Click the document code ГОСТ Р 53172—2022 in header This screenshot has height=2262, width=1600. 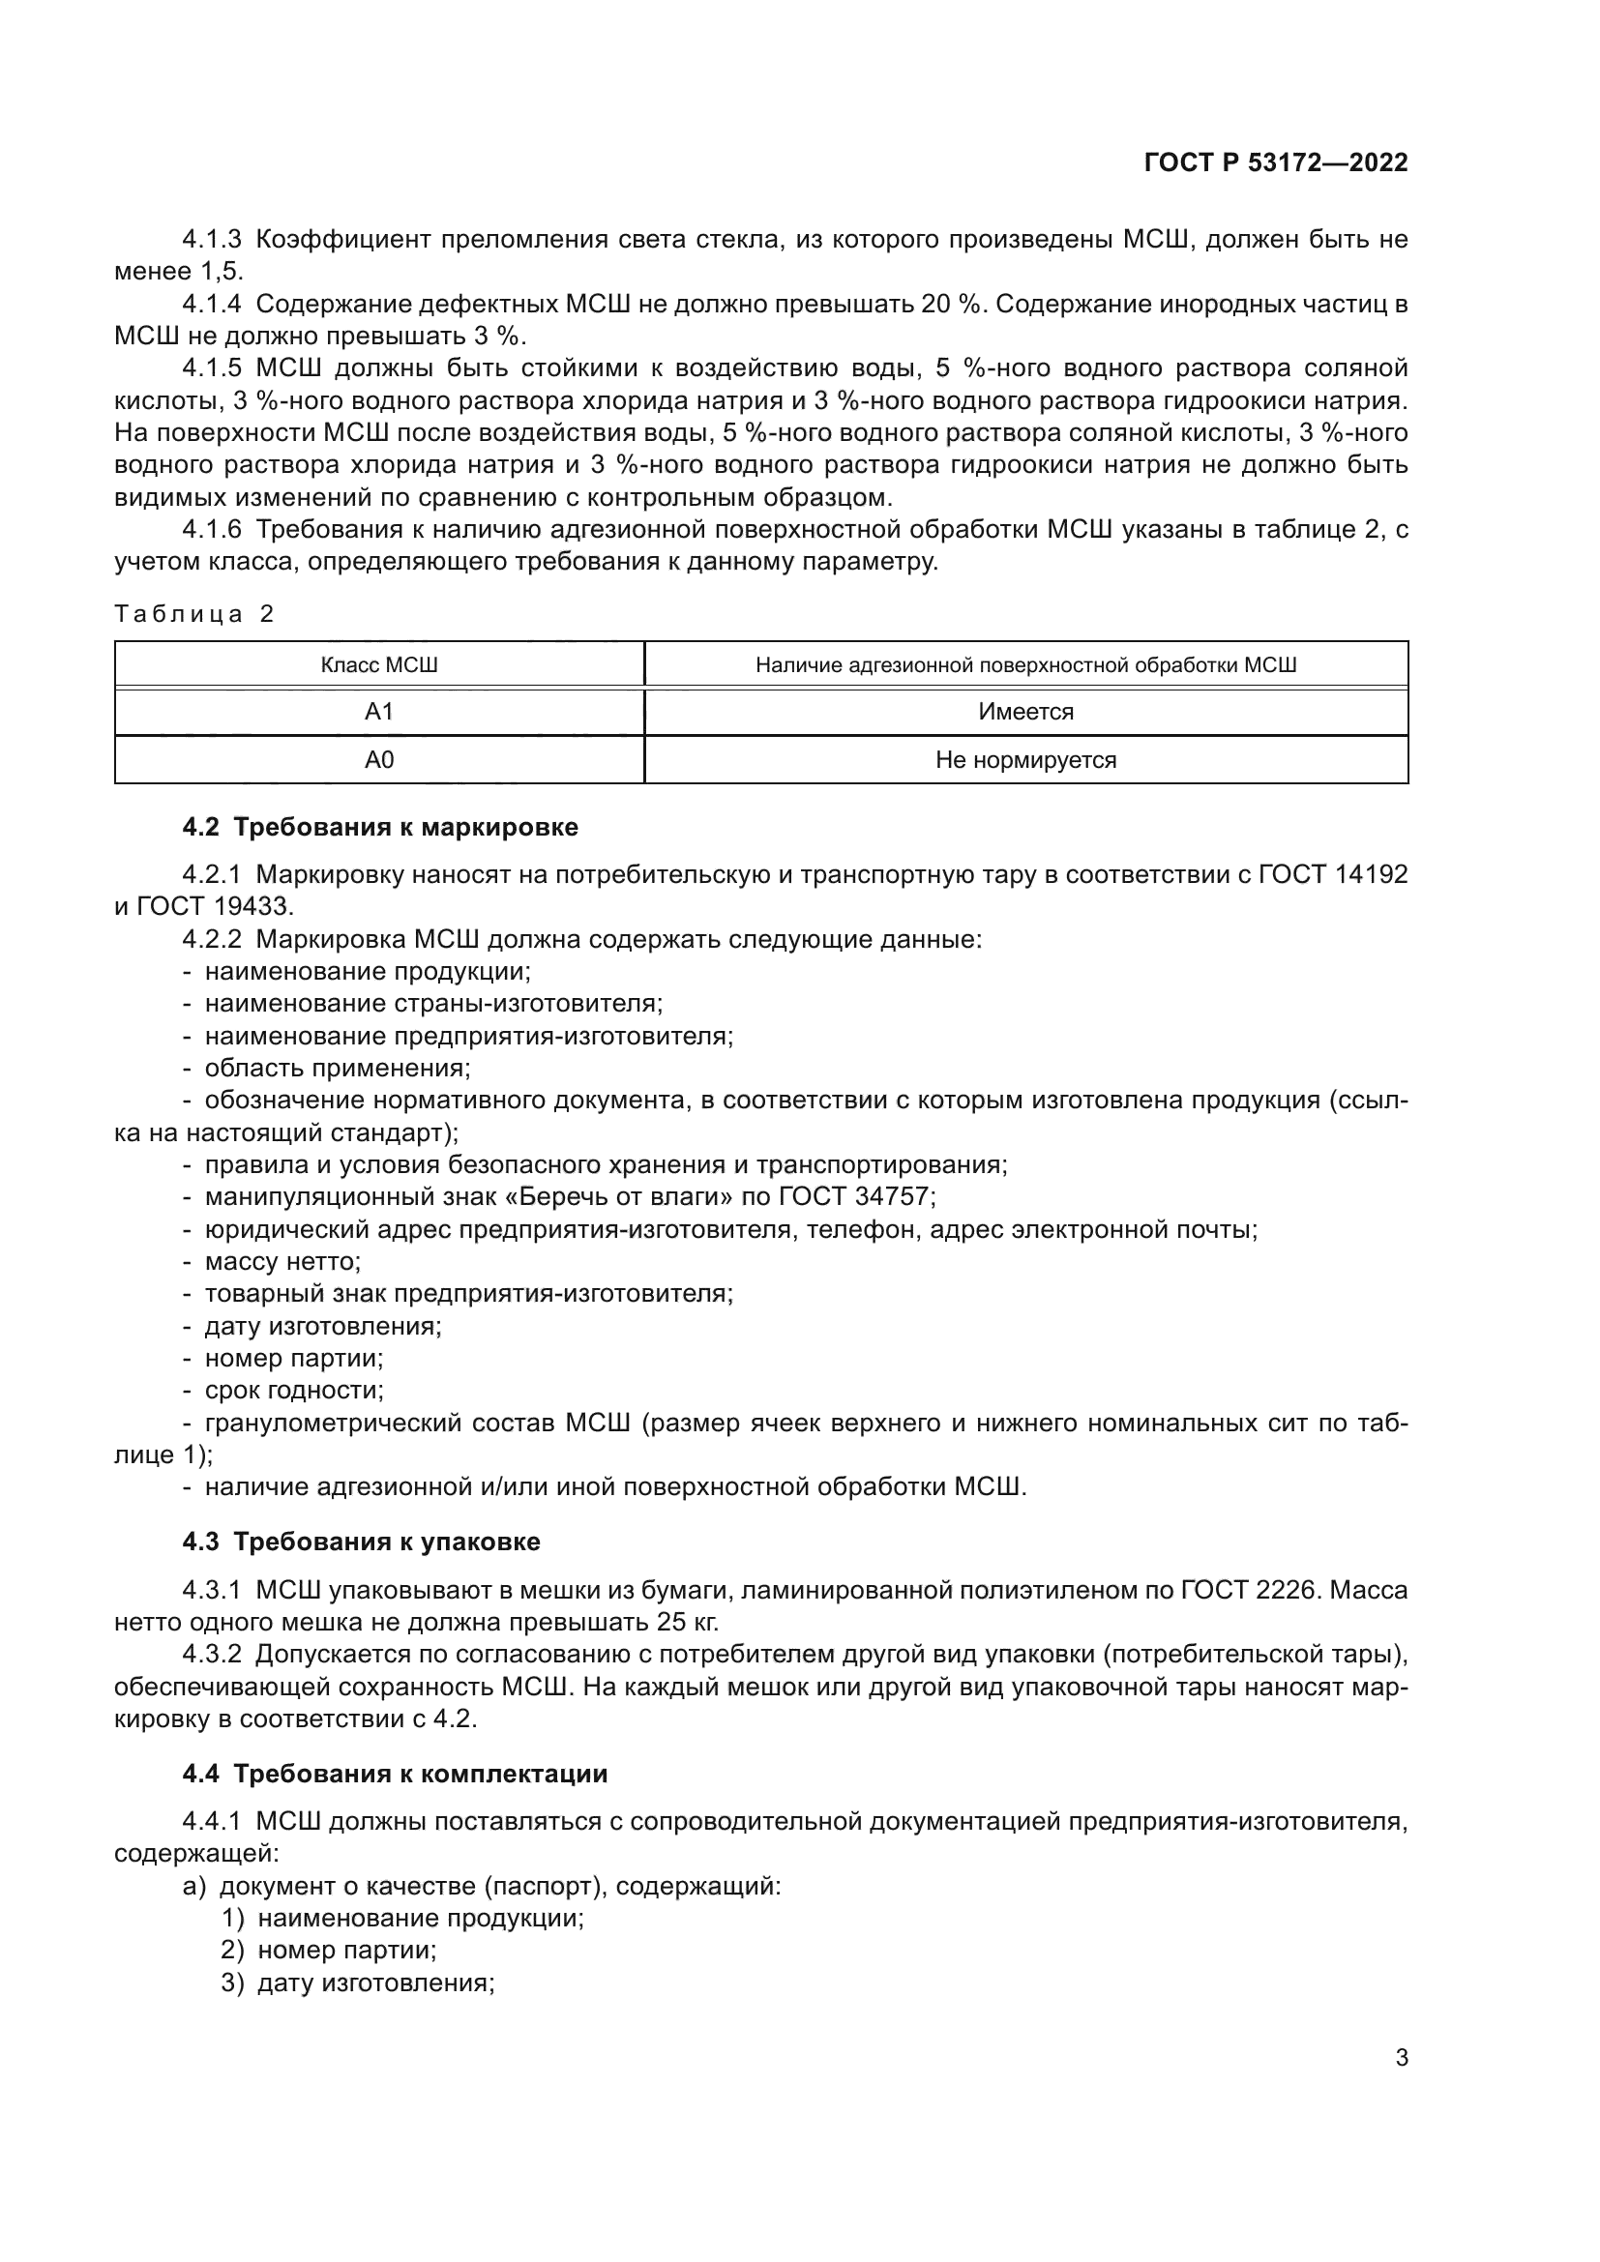[x=1276, y=162]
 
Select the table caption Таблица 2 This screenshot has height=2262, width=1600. [x=194, y=615]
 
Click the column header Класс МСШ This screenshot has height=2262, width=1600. [x=379, y=665]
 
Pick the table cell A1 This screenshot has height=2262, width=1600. [x=379, y=712]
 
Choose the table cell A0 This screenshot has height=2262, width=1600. [x=379, y=759]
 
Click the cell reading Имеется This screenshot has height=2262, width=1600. [x=1025, y=712]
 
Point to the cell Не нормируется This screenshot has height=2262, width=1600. [x=1025, y=759]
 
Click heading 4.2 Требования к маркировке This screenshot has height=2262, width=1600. [x=380, y=828]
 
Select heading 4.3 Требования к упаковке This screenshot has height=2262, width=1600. [x=362, y=1542]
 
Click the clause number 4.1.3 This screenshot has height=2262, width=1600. [x=212, y=240]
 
